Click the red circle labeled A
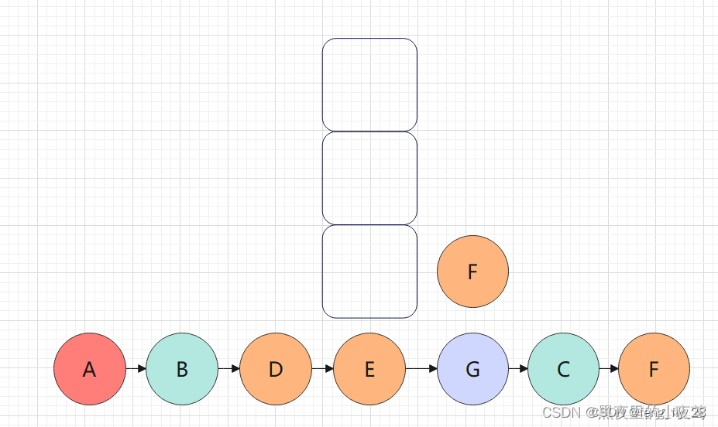(90, 369)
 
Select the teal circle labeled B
(182, 369)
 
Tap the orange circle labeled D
(276, 369)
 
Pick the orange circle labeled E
(369, 369)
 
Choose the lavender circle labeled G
(472, 369)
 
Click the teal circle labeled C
(563, 369)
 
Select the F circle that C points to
(654, 369)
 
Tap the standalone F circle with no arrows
(472, 272)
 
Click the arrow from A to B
(136, 369)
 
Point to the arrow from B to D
(229, 369)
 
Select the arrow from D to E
(323, 369)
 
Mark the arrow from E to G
(421, 369)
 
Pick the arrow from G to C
(518, 369)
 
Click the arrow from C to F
(609, 369)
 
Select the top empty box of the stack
(369, 85)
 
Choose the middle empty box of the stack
(369, 178)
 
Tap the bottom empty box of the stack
(369, 272)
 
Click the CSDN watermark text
(624, 412)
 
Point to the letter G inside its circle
(472, 370)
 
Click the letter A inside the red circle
(90, 370)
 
